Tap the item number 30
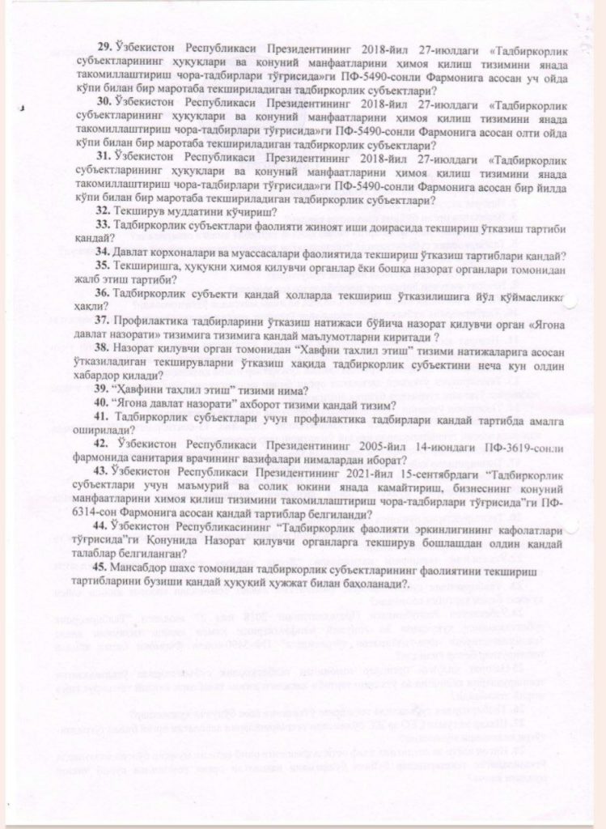[x=104, y=104]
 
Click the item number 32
[x=104, y=210]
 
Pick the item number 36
[x=104, y=292]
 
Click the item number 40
[x=104, y=403]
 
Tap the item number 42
[x=104, y=444]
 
